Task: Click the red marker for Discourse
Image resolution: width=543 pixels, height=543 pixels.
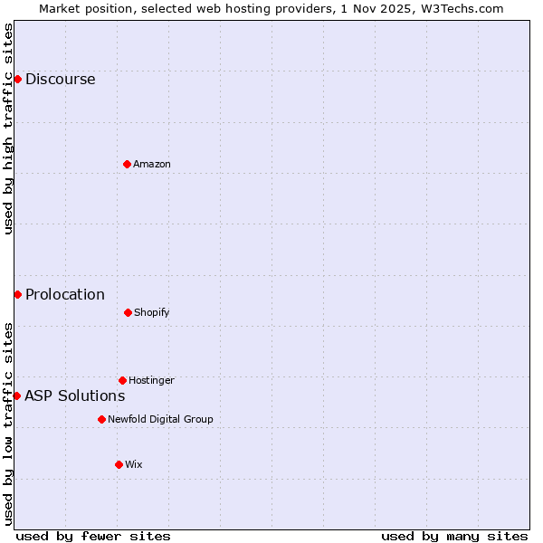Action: tap(17, 79)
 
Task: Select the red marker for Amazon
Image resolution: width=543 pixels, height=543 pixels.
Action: tap(127, 164)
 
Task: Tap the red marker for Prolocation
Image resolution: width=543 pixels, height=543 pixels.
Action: tap(17, 294)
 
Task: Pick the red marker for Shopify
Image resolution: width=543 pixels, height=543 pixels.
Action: tap(128, 312)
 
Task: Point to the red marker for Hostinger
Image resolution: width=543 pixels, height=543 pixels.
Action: tap(122, 380)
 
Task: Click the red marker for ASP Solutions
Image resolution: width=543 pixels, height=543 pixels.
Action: tap(16, 395)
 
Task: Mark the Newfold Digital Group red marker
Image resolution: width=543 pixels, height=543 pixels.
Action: tap(101, 419)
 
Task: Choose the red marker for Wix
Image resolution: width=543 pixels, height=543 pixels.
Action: tap(119, 464)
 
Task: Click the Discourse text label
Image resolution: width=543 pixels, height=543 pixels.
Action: tap(60, 79)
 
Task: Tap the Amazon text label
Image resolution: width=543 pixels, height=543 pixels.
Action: tap(152, 164)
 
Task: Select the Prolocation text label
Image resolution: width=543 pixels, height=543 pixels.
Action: tap(65, 294)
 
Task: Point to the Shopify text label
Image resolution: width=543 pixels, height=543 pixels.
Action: tap(152, 312)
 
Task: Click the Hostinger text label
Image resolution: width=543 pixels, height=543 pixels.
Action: tap(151, 380)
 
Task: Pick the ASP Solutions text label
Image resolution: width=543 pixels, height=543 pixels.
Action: tap(75, 395)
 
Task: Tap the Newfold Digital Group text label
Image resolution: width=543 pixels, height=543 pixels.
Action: tap(160, 419)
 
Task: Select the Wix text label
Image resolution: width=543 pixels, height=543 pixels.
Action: tap(134, 464)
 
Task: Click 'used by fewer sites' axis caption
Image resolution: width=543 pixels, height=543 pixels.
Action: tap(93, 536)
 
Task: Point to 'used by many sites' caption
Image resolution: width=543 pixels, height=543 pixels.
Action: tap(454, 536)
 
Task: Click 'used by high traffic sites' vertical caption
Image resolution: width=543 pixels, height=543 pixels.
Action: tap(8, 129)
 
